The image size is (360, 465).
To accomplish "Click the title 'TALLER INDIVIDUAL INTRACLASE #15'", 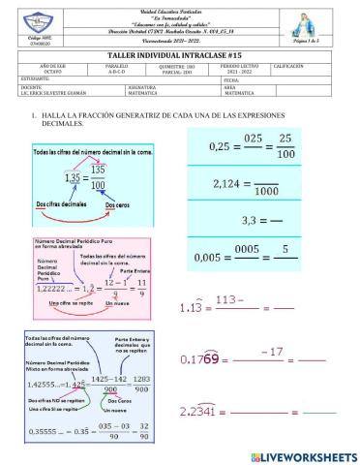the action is coord(179,56).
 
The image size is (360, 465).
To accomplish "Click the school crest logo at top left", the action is coord(20,22).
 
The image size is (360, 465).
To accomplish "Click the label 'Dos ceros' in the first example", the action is coord(135,204).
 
